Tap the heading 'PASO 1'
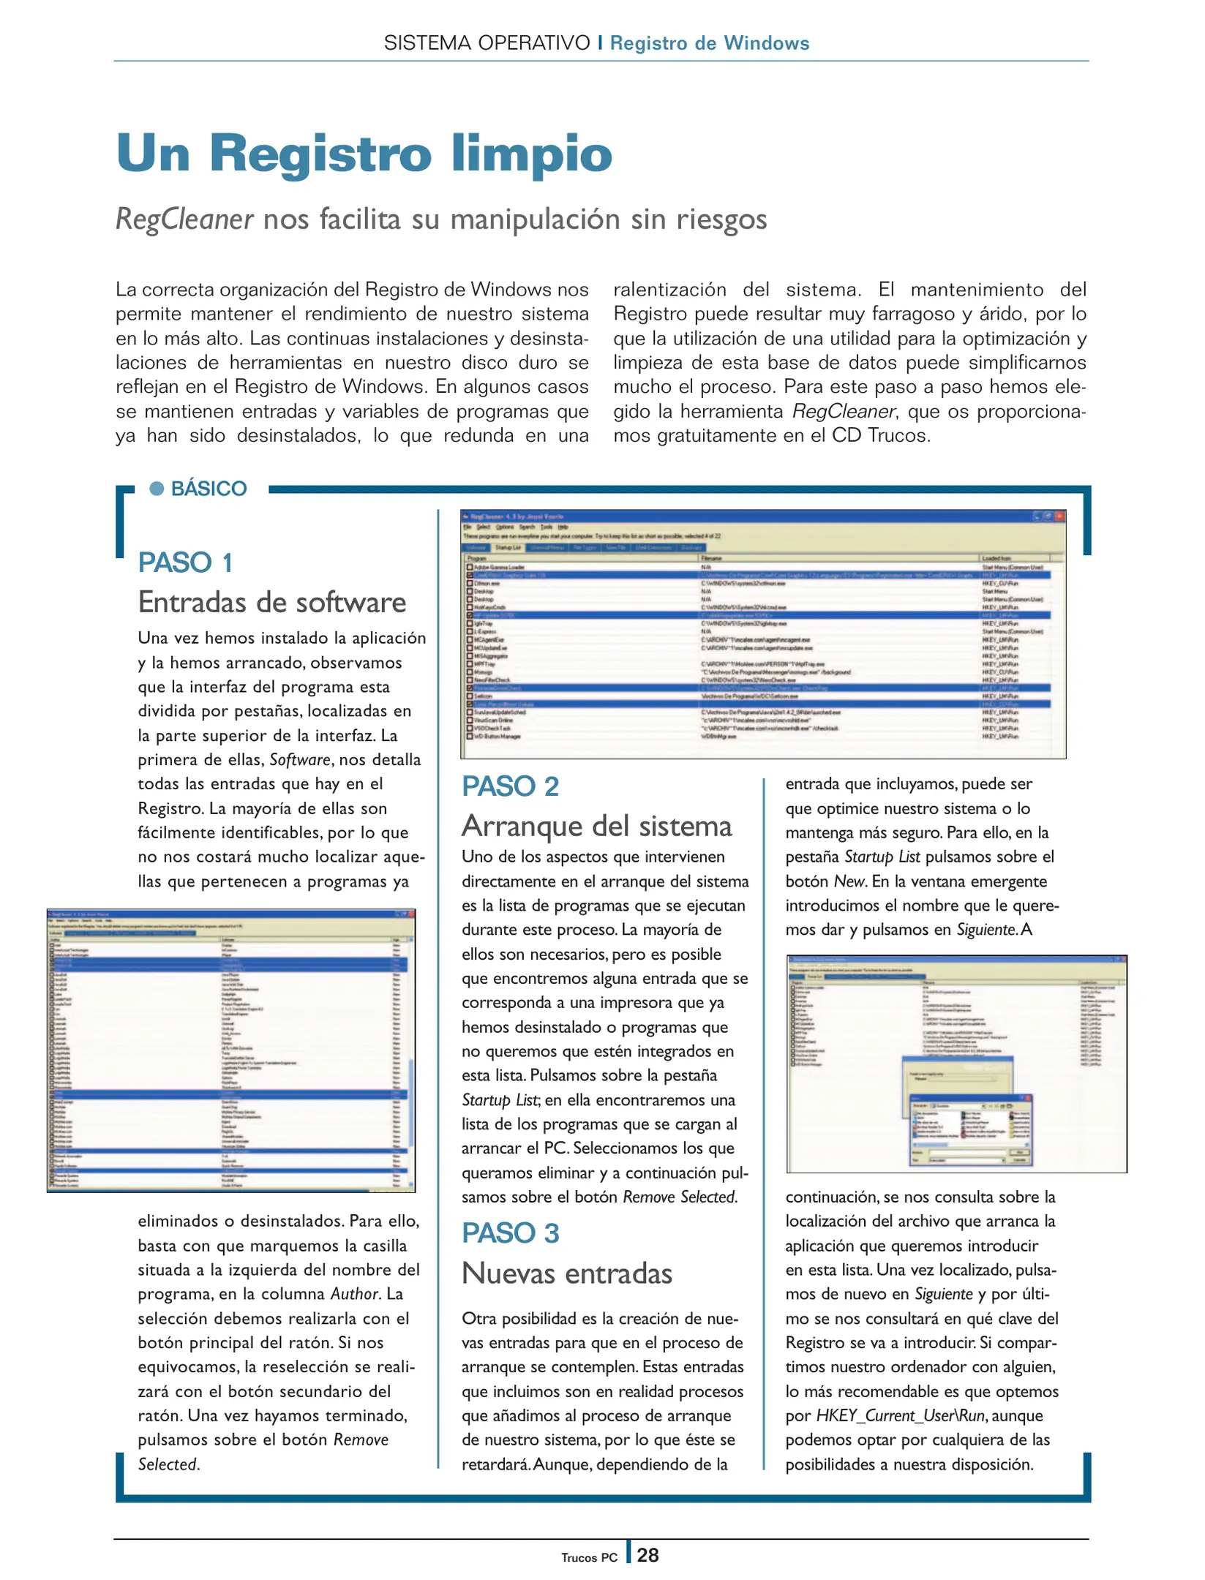pyautogui.click(x=186, y=563)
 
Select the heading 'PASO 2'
pyautogui.click(x=510, y=786)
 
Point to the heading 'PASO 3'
pyautogui.click(x=510, y=1233)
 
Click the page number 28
pyautogui.click(x=647, y=1555)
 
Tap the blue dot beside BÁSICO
pyautogui.click(x=157, y=488)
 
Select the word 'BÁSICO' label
pyautogui.click(x=209, y=489)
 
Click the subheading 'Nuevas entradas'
pyautogui.click(x=566, y=1274)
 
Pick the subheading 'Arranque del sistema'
pyautogui.click(x=596, y=826)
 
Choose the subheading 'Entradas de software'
pyautogui.click(x=271, y=602)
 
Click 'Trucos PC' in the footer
pyautogui.click(x=589, y=1557)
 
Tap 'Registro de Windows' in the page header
pyautogui.click(x=710, y=43)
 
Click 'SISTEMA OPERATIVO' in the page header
pyautogui.click(x=487, y=43)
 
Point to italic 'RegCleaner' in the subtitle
pyautogui.click(x=184, y=219)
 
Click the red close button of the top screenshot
pyautogui.click(x=1059, y=516)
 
